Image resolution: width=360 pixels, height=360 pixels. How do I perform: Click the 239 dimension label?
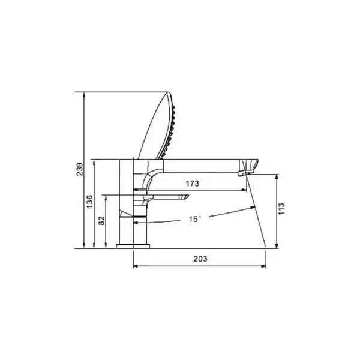click(x=80, y=169)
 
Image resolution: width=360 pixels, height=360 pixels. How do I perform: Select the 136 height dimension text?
click(x=90, y=202)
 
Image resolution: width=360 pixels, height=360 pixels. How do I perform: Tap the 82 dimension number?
click(x=101, y=221)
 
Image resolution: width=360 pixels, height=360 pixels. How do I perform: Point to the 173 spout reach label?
click(x=193, y=184)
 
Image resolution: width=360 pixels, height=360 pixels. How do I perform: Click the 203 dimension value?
click(x=200, y=259)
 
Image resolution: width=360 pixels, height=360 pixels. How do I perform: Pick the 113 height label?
click(x=281, y=209)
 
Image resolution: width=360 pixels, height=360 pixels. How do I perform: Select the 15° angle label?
click(x=194, y=219)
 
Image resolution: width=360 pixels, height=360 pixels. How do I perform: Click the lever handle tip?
click(x=184, y=197)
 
